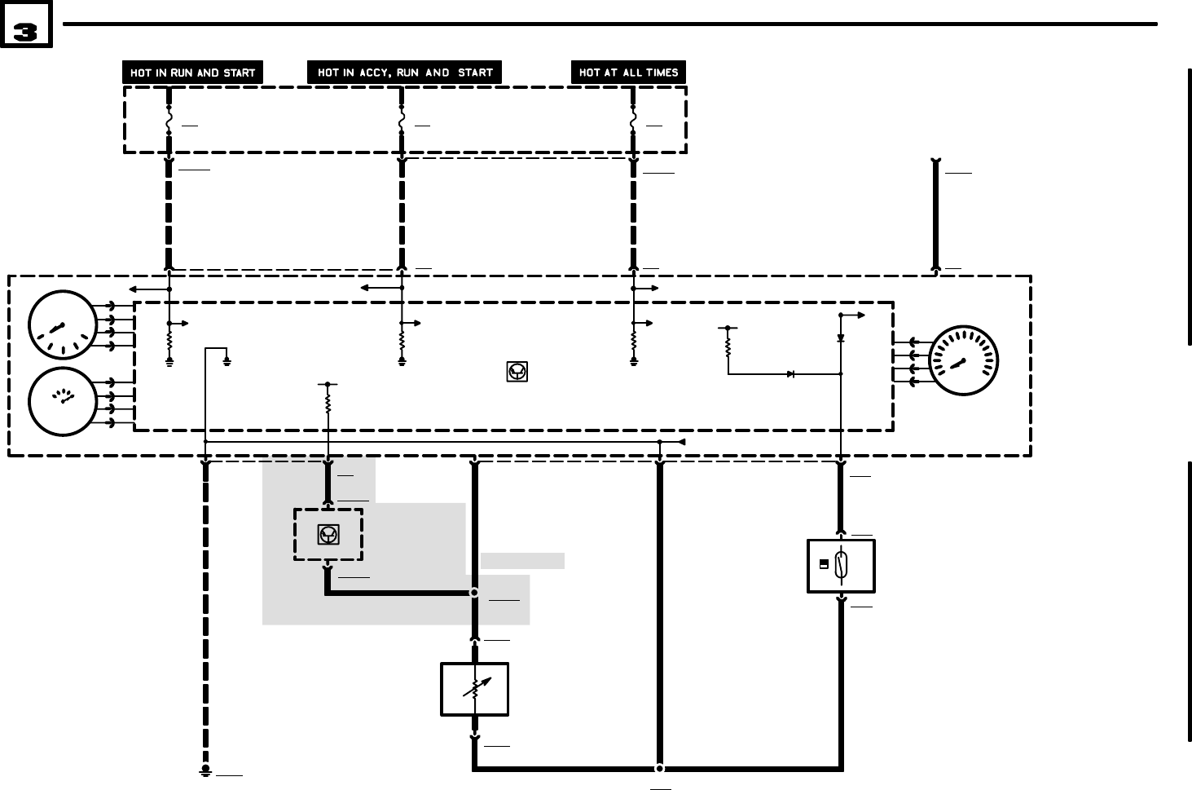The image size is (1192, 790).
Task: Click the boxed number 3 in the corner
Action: point(26,31)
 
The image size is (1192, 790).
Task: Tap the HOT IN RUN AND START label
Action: point(193,73)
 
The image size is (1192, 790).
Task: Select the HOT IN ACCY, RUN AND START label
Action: point(405,73)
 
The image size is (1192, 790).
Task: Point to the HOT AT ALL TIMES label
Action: point(628,73)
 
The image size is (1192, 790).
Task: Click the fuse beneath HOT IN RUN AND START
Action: point(169,120)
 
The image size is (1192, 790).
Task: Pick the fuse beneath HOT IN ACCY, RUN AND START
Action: point(402,120)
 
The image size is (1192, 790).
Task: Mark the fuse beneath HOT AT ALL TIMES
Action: point(633,120)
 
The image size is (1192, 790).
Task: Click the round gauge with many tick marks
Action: point(964,360)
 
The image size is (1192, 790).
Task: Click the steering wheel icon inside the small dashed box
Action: point(328,535)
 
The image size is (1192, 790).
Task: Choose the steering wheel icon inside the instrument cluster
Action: point(517,373)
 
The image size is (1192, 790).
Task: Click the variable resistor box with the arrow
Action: point(475,689)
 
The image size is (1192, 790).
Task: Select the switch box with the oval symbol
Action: point(841,565)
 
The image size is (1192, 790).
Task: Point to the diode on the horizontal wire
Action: point(790,374)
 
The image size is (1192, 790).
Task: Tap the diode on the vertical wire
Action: point(841,338)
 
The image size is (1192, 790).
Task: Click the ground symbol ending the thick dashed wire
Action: point(206,770)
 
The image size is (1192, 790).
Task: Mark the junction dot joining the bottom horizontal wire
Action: point(660,768)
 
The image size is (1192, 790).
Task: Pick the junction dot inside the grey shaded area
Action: point(475,593)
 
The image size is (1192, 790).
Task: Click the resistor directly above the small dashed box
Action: point(328,403)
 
